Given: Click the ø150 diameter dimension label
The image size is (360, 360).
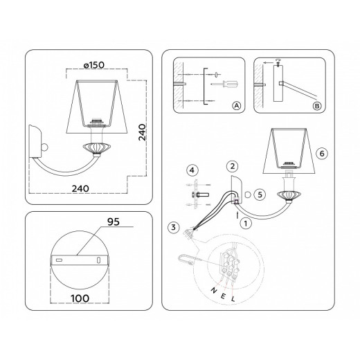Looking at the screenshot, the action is (x=94, y=65).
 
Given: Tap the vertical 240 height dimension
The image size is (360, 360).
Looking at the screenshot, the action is (x=142, y=132).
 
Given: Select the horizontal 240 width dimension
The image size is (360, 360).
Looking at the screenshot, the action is (x=80, y=188).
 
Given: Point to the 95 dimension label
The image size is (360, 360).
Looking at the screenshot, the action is (x=114, y=222).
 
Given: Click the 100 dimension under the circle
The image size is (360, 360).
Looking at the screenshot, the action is (x=80, y=298).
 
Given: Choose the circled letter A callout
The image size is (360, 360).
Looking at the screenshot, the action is (x=236, y=106).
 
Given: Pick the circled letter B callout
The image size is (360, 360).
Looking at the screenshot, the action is (x=317, y=106).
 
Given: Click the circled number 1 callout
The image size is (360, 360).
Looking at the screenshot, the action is (x=246, y=224).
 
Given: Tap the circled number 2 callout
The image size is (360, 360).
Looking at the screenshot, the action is (x=233, y=166).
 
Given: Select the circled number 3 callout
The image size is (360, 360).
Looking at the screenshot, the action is (x=174, y=227).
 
